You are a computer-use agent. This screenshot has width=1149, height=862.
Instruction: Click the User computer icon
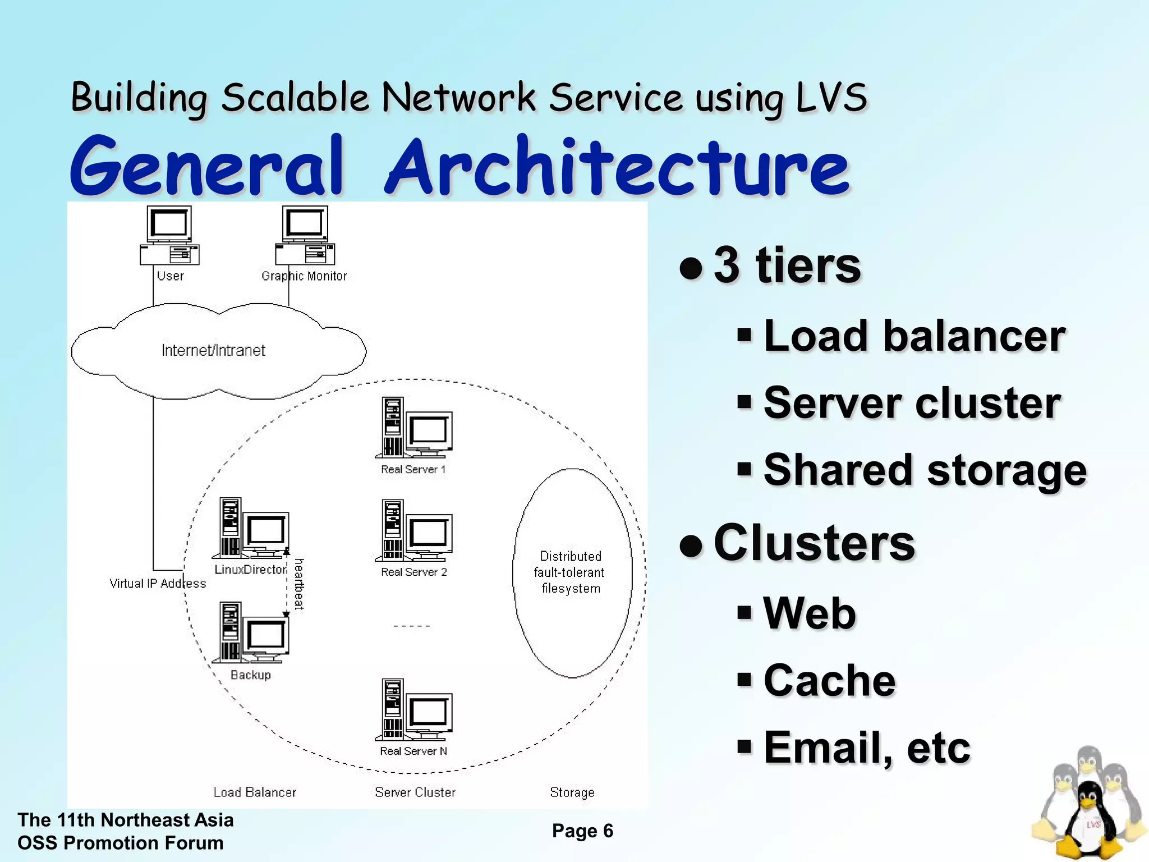169,235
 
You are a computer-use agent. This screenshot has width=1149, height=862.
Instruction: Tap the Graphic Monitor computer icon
305,235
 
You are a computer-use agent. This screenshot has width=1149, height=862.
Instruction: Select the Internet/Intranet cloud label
213,350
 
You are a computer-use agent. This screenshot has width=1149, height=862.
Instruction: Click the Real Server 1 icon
414,428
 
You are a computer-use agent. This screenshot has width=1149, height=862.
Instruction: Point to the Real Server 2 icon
414,530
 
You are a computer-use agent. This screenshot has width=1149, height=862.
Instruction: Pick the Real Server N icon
414,709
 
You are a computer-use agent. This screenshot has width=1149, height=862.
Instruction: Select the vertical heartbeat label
300,584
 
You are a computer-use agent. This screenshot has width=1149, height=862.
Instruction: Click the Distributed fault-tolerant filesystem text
570,572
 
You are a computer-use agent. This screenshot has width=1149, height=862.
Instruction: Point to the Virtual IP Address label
158,584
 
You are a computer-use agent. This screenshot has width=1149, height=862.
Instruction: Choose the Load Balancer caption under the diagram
255,792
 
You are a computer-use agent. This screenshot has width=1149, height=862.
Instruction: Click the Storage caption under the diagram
572,792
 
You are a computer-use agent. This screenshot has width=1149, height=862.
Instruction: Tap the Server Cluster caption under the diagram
415,792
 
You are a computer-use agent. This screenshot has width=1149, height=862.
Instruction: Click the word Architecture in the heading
617,166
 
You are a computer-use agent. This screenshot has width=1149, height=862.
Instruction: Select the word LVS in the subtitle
831,98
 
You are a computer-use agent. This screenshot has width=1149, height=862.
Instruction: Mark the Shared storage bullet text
925,470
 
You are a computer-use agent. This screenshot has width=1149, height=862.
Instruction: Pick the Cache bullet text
829,680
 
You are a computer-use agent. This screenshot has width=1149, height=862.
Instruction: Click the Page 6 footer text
582,831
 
